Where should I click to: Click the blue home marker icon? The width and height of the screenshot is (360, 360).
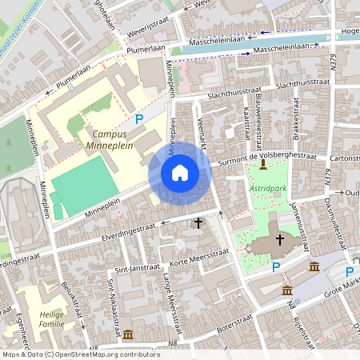180,173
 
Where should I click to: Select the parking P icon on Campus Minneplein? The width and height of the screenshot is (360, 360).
139,119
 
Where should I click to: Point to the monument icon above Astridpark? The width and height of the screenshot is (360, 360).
264,164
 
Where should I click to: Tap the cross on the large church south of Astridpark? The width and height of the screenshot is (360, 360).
280,238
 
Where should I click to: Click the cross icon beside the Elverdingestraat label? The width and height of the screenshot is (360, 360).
198,222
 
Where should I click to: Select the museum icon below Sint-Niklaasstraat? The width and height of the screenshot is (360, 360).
128,333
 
